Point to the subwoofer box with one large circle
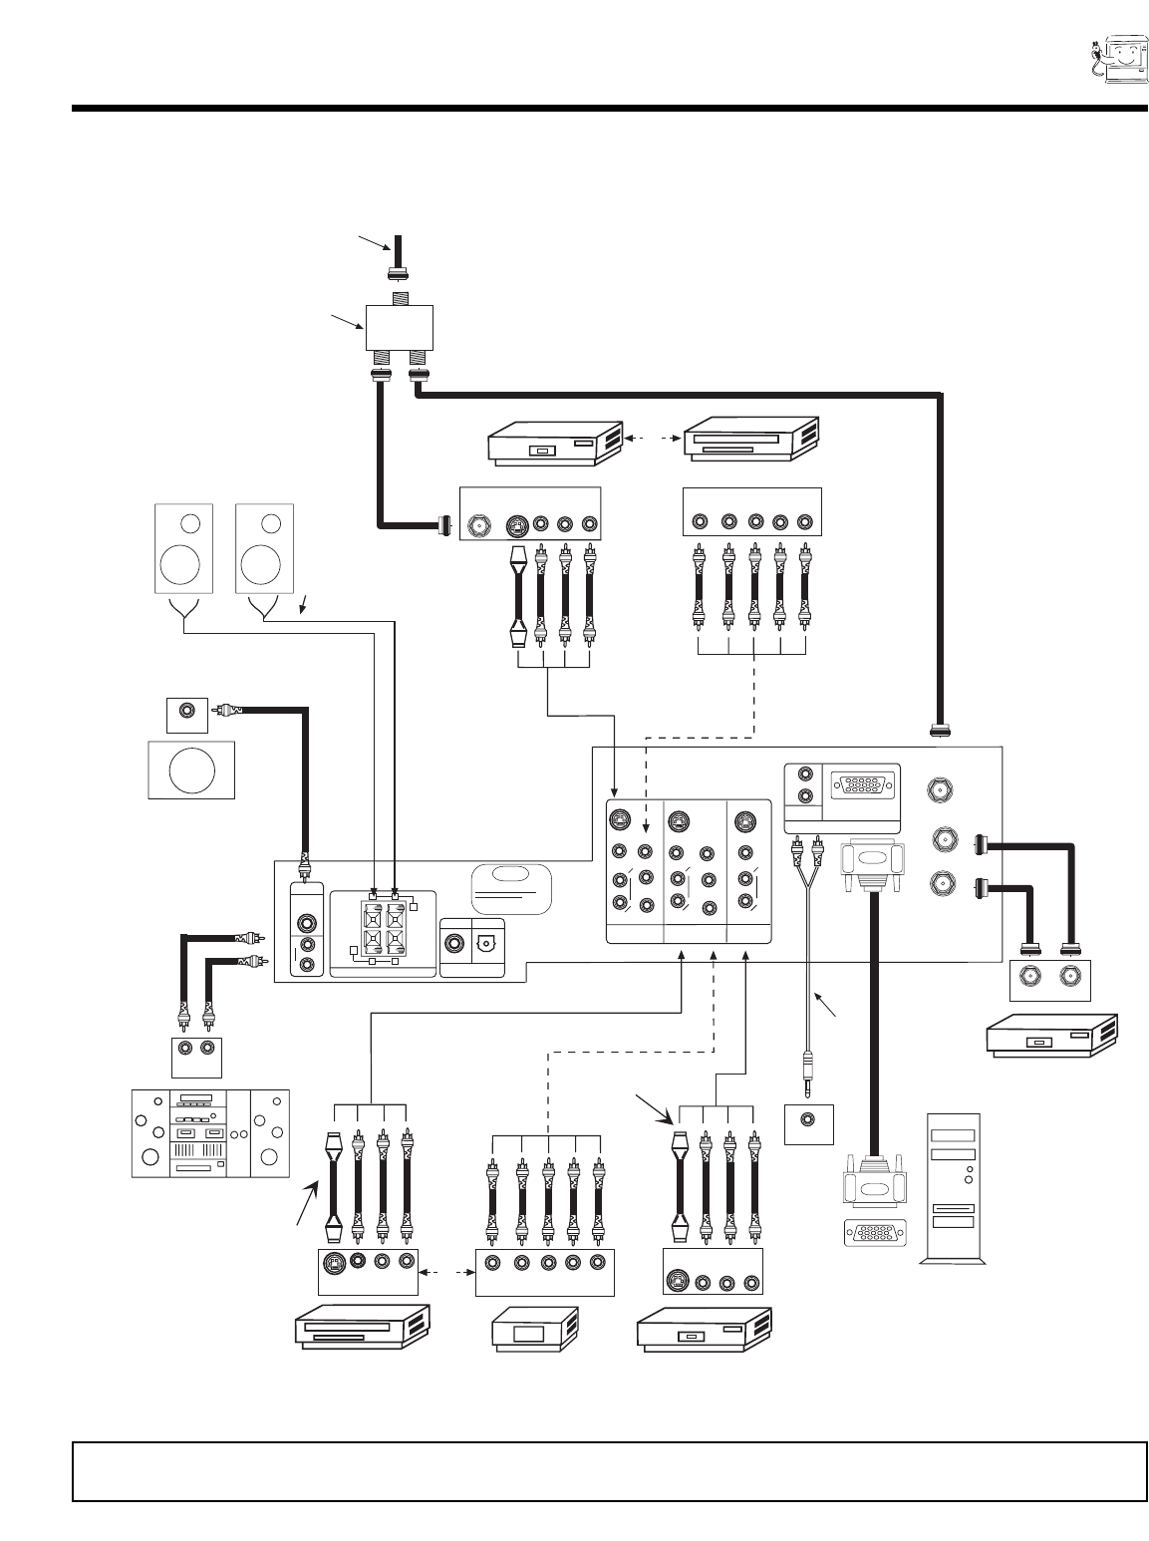[x=191, y=770]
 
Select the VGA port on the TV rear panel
[x=856, y=784]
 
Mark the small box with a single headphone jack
[x=809, y=1123]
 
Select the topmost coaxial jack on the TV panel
[x=941, y=791]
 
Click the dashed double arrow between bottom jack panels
[x=447, y=1273]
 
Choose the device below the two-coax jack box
[x=1050, y=1035]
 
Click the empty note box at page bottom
[x=610, y=1470]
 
